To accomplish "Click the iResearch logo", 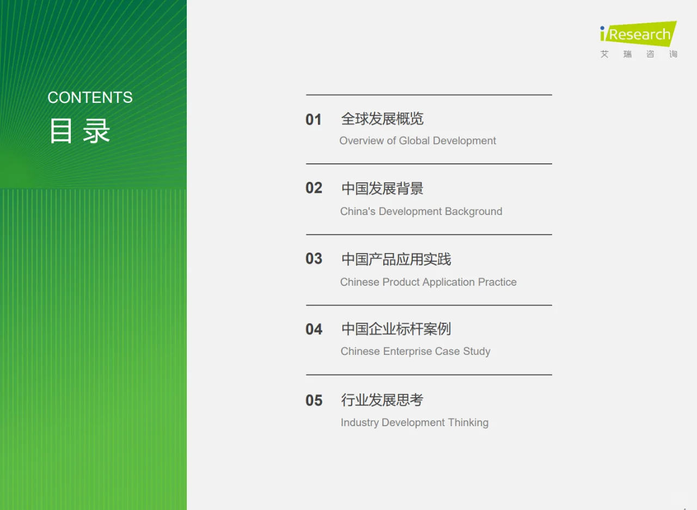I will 638,34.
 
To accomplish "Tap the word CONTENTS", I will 90,97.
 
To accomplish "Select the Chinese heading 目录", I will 80,131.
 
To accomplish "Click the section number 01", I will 314,120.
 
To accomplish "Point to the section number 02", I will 314,188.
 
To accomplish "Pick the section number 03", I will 314,259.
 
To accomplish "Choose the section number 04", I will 314,329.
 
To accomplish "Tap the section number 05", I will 314,401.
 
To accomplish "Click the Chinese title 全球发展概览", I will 382,119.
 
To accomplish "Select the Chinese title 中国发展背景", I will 382,188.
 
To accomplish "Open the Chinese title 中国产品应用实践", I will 396,259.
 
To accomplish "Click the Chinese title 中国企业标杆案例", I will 396,329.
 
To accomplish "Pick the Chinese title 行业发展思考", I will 382,400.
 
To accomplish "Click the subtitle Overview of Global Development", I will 418,141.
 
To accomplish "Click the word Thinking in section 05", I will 468,423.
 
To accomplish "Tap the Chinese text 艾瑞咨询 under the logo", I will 639,54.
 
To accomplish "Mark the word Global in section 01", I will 414,141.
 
